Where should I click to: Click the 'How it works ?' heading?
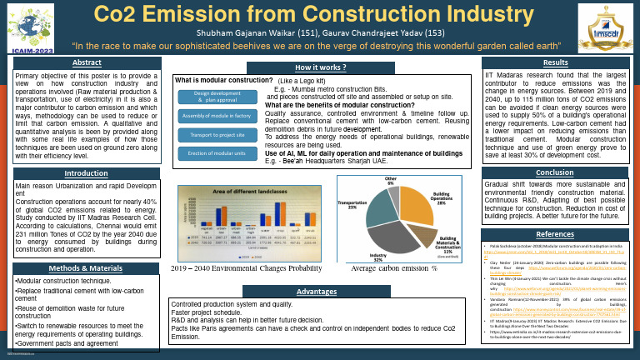point(320,67)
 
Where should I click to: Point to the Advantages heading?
point(320,292)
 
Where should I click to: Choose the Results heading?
point(555,62)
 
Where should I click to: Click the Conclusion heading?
point(555,172)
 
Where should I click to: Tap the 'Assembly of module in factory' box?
point(215,116)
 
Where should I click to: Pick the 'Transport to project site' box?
point(215,134)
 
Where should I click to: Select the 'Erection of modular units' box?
point(215,152)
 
